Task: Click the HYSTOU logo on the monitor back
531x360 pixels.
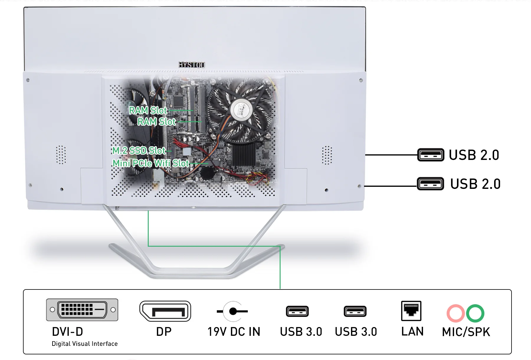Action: (192, 65)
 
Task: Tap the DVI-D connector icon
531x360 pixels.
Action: (82, 310)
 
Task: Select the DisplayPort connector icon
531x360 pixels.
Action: (165, 311)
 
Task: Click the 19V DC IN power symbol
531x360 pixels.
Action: (233, 311)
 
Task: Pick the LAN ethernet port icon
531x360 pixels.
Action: (411, 311)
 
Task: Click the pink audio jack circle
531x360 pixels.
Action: (456, 313)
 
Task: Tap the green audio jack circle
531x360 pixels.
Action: (475, 313)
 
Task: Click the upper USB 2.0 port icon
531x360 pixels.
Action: (431, 155)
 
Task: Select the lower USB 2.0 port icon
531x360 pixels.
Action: (430, 184)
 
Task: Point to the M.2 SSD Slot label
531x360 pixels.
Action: (139, 150)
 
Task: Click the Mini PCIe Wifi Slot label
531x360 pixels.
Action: (151, 163)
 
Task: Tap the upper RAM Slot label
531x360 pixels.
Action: (148, 110)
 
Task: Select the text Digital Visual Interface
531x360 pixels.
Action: (85, 344)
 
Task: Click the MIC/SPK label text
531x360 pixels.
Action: (466, 332)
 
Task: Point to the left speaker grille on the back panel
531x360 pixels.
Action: (61, 155)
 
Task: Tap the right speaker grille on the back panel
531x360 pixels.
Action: (327, 155)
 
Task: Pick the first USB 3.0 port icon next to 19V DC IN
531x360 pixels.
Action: (297, 311)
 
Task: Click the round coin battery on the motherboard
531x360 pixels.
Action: (207, 173)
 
